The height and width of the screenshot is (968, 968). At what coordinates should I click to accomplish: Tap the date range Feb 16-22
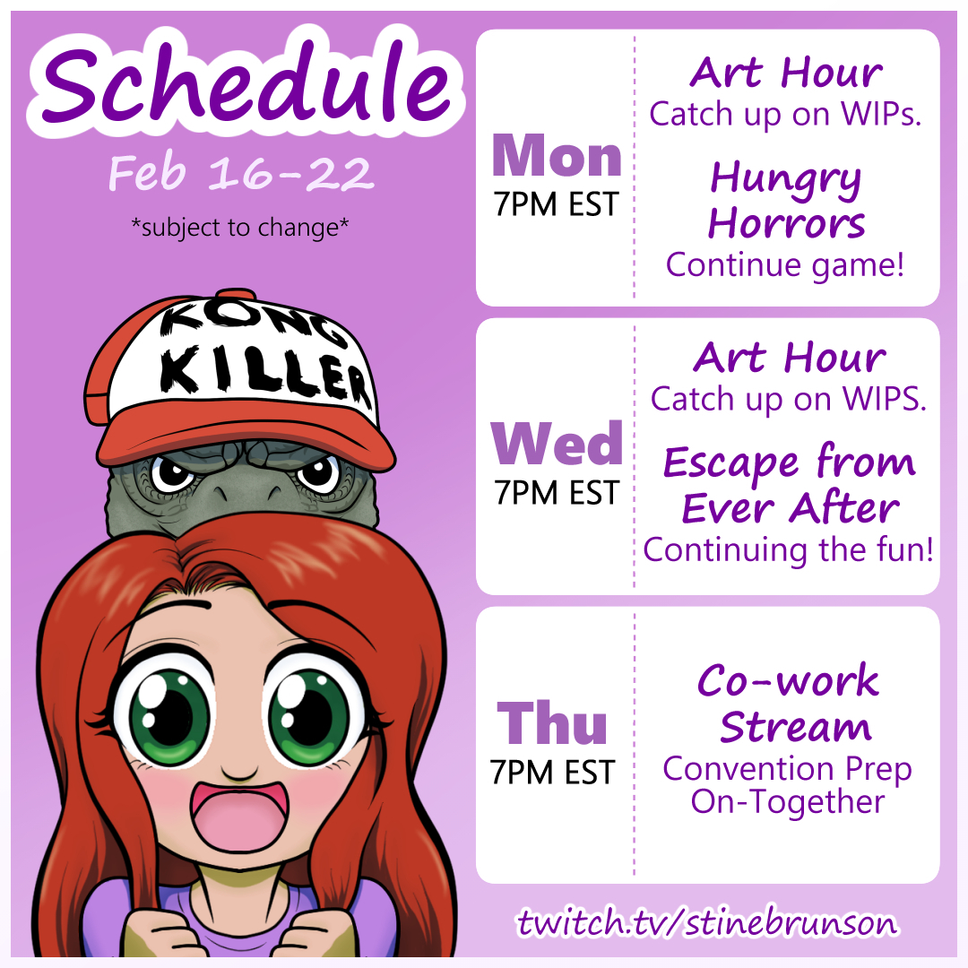(x=241, y=173)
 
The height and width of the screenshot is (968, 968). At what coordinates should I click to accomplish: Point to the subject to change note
(x=240, y=228)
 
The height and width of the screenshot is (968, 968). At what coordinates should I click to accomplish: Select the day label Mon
(x=557, y=156)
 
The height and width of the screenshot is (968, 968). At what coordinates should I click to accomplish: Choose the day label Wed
(x=557, y=444)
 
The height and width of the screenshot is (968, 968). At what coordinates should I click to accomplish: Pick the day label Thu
(x=552, y=723)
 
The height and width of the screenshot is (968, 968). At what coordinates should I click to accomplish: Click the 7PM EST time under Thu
(x=552, y=773)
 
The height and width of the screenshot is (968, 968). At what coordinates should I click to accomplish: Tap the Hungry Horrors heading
(x=786, y=199)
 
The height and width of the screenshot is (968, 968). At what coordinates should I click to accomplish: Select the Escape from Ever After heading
(x=789, y=485)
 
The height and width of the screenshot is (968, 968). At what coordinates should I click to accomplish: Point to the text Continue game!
(x=784, y=265)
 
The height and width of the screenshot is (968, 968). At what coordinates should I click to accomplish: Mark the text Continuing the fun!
(x=789, y=550)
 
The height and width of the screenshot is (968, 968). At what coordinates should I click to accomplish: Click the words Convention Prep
(x=787, y=769)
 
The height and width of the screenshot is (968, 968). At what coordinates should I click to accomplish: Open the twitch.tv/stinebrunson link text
(x=707, y=922)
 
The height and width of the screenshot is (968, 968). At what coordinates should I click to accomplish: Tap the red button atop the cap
(x=237, y=294)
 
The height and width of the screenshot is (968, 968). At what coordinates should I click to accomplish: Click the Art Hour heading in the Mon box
(x=786, y=73)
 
